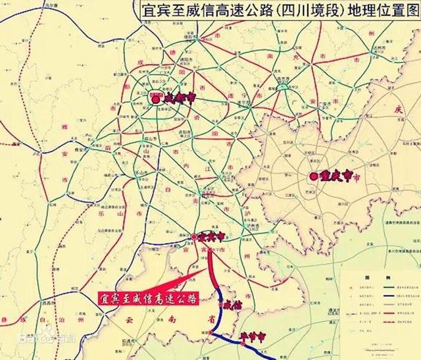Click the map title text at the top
coord(280,11)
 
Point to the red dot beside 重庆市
coord(313,176)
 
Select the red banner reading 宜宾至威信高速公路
coord(147,297)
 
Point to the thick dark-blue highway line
coord(220,322)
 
